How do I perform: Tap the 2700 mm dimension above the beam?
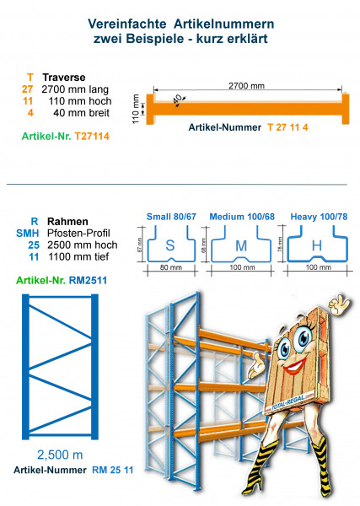[x=245, y=85]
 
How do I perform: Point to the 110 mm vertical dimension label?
[x=137, y=108]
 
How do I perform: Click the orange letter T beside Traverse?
[x=30, y=77]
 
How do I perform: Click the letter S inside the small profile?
[x=171, y=246]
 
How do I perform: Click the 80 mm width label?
[x=171, y=268]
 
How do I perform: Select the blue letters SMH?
[x=27, y=229]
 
